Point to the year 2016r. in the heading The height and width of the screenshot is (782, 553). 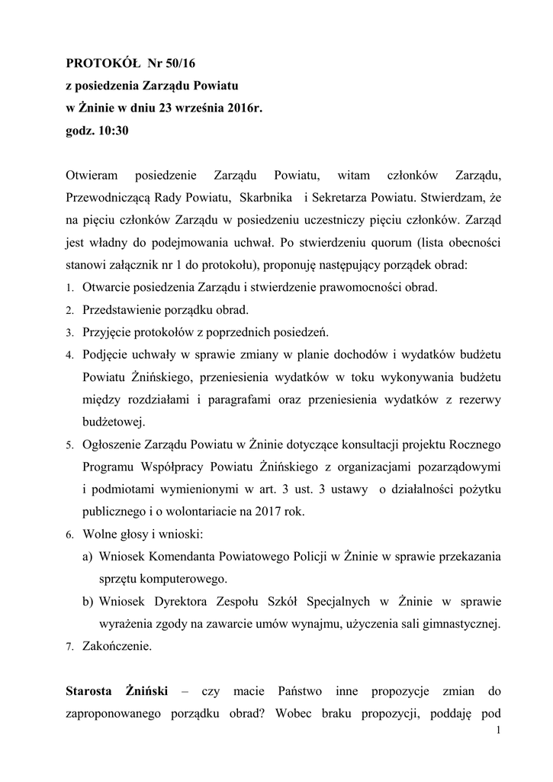(x=243, y=108)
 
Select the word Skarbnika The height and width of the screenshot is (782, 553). (x=267, y=198)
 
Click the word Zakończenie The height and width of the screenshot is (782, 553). (x=117, y=646)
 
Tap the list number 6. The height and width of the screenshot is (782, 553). (x=69, y=535)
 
